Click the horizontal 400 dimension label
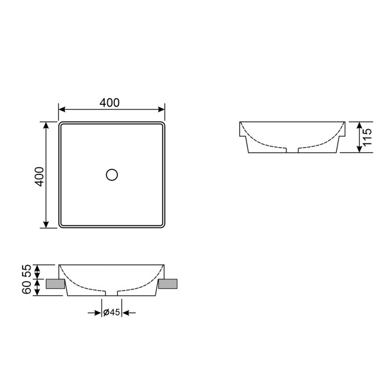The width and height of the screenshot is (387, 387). [x=110, y=102]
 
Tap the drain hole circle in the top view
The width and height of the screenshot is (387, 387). [x=111, y=174]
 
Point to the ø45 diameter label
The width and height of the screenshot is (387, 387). [x=111, y=313]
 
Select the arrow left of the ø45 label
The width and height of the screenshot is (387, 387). [x=97, y=313]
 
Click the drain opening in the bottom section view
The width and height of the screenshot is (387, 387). [x=111, y=293]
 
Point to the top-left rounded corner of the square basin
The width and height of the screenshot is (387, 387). [x=61, y=125]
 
